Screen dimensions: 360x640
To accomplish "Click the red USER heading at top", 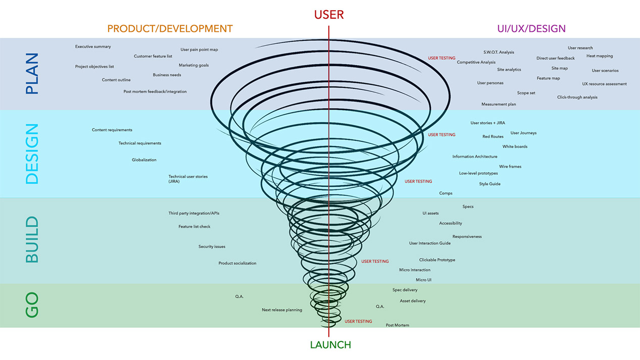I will pyautogui.click(x=329, y=15).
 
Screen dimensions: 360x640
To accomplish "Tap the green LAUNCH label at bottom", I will pyautogui.click(x=330, y=345).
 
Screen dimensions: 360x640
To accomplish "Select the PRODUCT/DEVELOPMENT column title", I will pyautogui.click(x=170, y=29).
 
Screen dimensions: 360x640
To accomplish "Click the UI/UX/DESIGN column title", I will pyautogui.click(x=531, y=29).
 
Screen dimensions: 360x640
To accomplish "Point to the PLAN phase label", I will pyautogui.click(x=32, y=74).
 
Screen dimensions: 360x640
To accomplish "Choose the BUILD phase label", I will pyautogui.click(x=32, y=240).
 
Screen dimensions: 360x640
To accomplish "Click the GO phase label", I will pyautogui.click(x=32, y=305).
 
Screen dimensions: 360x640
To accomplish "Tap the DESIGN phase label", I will pyautogui.click(x=32, y=153).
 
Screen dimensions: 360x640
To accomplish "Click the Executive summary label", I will pyautogui.click(x=93, y=46).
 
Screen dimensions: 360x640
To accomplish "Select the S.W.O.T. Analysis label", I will pyautogui.click(x=499, y=53).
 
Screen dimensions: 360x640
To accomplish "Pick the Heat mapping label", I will pyautogui.click(x=600, y=56).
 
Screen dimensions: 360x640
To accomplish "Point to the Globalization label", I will pyautogui.click(x=144, y=160).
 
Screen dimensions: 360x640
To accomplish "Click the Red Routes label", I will pyautogui.click(x=493, y=137).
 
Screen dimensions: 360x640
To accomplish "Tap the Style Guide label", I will pyautogui.click(x=489, y=184).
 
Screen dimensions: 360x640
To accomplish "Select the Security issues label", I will pyautogui.click(x=212, y=247).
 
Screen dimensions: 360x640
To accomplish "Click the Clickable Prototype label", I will pyautogui.click(x=437, y=260).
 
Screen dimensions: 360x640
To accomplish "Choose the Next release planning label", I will pyautogui.click(x=282, y=310).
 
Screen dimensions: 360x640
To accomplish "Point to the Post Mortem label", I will pyautogui.click(x=398, y=325).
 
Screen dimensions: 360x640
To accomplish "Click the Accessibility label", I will pyautogui.click(x=451, y=223).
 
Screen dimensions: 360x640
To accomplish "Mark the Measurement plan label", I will pyautogui.click(x=499, y=105).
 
